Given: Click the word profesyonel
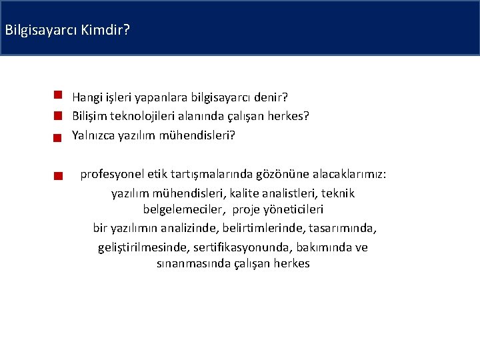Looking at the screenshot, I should (x=109, y=175).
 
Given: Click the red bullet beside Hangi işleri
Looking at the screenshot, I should (x=58, y=95).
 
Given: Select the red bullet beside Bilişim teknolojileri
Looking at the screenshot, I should (x=58, y=116).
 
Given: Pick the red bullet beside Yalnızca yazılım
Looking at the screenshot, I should (x=58, y=137).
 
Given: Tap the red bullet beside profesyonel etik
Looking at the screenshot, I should (x=58, y=177).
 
